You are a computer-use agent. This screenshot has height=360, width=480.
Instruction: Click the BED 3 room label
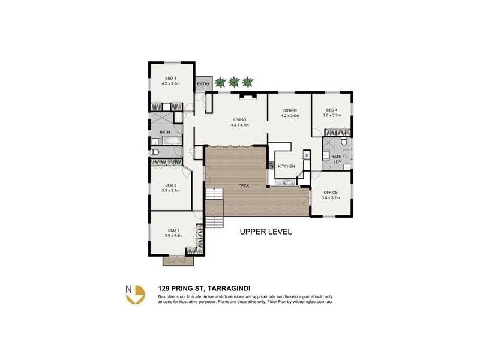pyautogui.click(x=171, y=78)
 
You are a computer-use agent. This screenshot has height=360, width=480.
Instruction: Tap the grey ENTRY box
pyautogui.click(x=203, y=83)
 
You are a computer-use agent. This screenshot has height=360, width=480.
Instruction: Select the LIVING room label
pyautogui.click(x=239, y=119)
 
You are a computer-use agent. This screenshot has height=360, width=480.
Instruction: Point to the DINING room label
pyautogui.click(x=290, y=110)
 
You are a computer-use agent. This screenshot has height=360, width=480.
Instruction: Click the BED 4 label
pyautogui.click(x=332, y=110)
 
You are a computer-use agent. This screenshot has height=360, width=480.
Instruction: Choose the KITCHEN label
pyautogui.click(x=286, y=166)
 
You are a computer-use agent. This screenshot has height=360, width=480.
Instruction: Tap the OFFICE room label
pyautogui.click(x=331, y=192)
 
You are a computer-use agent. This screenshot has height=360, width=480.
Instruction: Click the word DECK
pyautogui.click(x=244, y=186)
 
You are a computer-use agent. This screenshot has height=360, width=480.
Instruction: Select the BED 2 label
pyautogui.click(x=171, y=185)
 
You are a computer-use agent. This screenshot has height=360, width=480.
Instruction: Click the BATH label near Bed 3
pyautogui.click(x=164, y=132)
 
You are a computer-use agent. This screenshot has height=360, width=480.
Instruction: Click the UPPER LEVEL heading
pyautogui.click(x=265, y=231)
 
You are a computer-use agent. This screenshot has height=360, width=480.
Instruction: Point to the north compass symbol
pyautogui.click(x=135, y=293)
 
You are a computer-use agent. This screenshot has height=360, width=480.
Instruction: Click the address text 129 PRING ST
pyautogui.click(x=181, y=288)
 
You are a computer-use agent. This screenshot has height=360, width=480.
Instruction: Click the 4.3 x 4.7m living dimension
pyautogui.click(x=239, y=125)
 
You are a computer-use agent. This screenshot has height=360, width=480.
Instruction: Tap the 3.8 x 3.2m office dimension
pyautogui.click(x=331, y=197)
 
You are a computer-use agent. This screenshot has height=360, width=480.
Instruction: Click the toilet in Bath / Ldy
pyautogui.click(x=343, y=143)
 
